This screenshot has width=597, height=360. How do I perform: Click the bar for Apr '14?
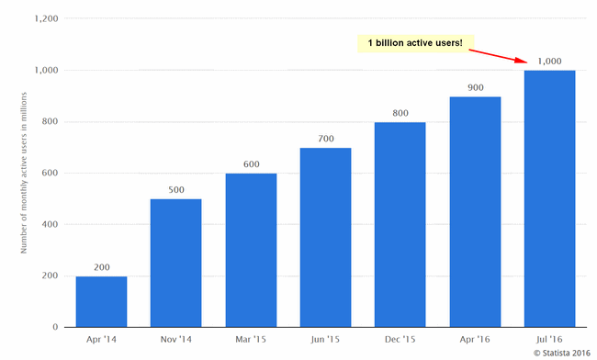(101, 301)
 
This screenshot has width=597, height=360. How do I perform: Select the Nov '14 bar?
(175, 263)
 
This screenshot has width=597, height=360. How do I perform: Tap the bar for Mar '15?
(251, 250)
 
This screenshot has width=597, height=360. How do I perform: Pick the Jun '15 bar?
(325, 237)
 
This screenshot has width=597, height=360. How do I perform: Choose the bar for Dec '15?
(400, 224)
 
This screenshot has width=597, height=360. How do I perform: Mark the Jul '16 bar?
(549, 198)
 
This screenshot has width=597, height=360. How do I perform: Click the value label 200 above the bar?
(101, 267)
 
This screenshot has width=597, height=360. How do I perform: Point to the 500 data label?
(175, 190)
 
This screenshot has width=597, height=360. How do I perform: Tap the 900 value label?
(475, 87)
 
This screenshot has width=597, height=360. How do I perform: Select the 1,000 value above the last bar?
(549, 61)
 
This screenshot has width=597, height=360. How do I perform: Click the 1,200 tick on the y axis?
(45, 18)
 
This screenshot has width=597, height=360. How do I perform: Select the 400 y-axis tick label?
(50, 224)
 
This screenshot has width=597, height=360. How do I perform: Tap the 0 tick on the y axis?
(55, 327)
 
